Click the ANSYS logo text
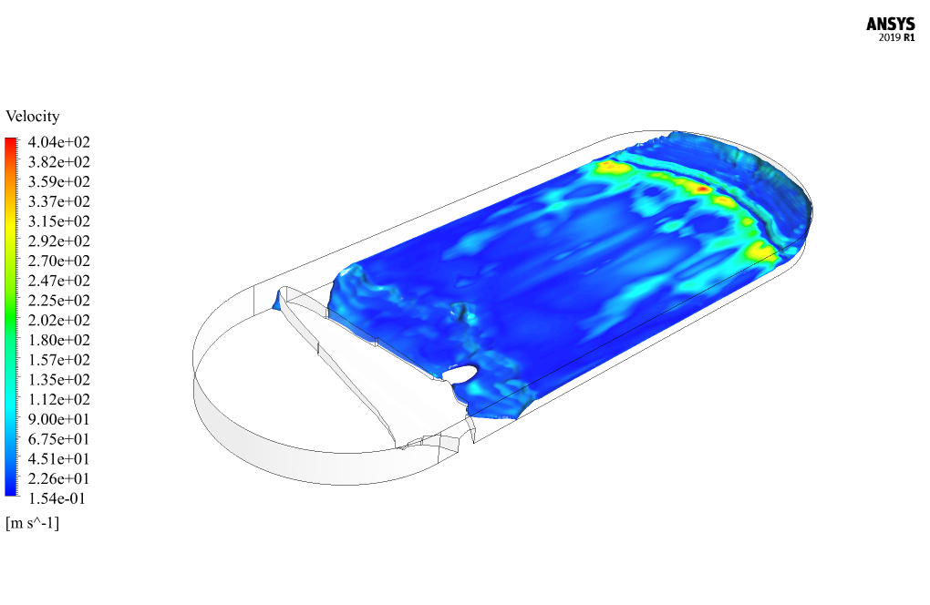[x=890, y=24]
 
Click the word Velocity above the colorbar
[x=33, y=116]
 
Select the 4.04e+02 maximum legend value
[x=58, y=142]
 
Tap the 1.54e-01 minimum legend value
[x=57, y=499]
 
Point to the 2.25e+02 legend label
[x=58, y=301]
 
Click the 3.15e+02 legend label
[x=58, y=221]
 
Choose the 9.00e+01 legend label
[x=58, y=419]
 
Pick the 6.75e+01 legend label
[x=58, y=439]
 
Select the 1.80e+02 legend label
[x=58, y=340]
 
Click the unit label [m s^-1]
[x=33, y=523]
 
